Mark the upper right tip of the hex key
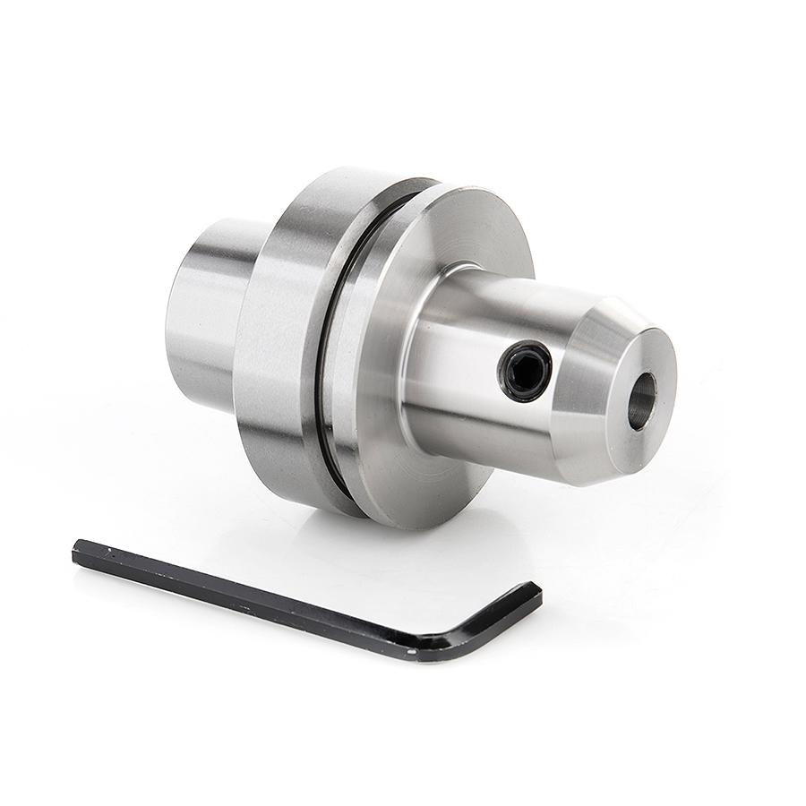click(x=536, y=591)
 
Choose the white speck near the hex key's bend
click(x=411, y=651)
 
